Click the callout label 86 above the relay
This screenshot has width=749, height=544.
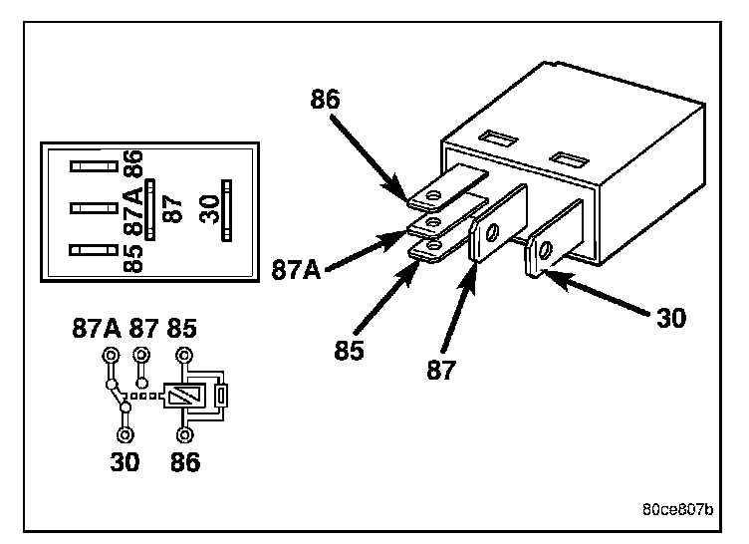click(x=326, y=101)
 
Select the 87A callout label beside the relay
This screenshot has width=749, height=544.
click(x=296, y=269)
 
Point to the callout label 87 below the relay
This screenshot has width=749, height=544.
click(x=441, y=370)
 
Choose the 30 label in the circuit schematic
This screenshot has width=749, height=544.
click(x=125, y=461)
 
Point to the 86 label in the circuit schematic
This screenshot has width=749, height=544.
click(x=185, y=461)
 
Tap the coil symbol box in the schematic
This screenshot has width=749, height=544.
click(x=179, y=396)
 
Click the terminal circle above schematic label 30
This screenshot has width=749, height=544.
click(x=125, y=434)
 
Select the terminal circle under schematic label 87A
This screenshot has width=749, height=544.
click(x=109, y=356)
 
